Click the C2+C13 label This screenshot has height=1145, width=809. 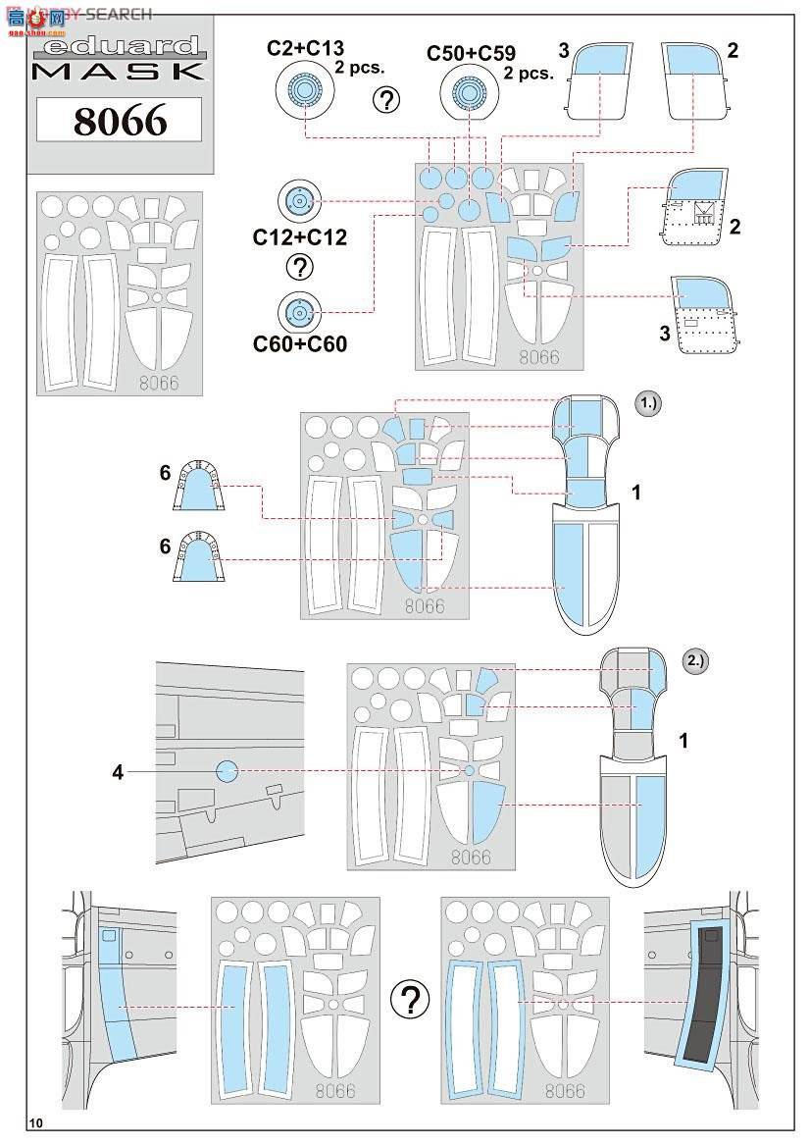304,48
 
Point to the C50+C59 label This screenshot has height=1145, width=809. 471,54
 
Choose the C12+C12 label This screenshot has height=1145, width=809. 300,237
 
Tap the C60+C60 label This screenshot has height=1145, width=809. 300,343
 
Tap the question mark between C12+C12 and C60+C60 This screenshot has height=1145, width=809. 300,267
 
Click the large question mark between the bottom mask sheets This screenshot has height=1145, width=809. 410,1000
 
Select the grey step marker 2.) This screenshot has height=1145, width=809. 695,660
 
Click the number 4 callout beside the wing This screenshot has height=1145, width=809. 118,772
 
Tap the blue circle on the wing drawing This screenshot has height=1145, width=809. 227,771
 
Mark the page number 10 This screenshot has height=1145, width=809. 36,1123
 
